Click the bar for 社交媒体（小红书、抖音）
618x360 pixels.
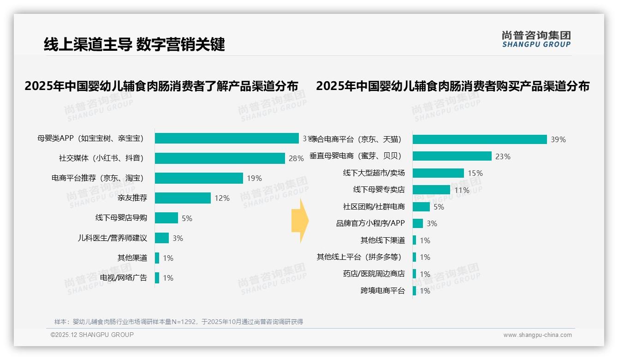[x=220, y=158]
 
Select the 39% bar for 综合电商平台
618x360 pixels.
[x=480, y=139]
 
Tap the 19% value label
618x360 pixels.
[x=254, y=178]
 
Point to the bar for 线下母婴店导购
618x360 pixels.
[x=166, y=218]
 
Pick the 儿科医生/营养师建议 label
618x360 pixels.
[x=112, y=238]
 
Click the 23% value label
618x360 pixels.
[x=503, y=156]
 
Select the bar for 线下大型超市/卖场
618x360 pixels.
[x=438, y=173]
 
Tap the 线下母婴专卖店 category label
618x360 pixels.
[x=379, y=190]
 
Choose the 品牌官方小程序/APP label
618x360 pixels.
[x=370, y=223]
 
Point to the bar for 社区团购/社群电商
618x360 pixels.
[x=421, y=207]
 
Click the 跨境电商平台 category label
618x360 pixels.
[x=382, y=291]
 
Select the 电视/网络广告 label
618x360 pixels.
[x=123, y=278]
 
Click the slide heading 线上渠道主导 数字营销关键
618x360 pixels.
[x=134, y=44]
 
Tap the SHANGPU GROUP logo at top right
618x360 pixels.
[x=536, y=39]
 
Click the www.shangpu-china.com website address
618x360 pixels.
[x=537, y=335]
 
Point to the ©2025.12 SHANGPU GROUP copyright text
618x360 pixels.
[x=92, y=335]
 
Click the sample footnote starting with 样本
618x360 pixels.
[x=178, y=322]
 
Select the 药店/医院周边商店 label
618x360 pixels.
[x=374, y=274]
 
